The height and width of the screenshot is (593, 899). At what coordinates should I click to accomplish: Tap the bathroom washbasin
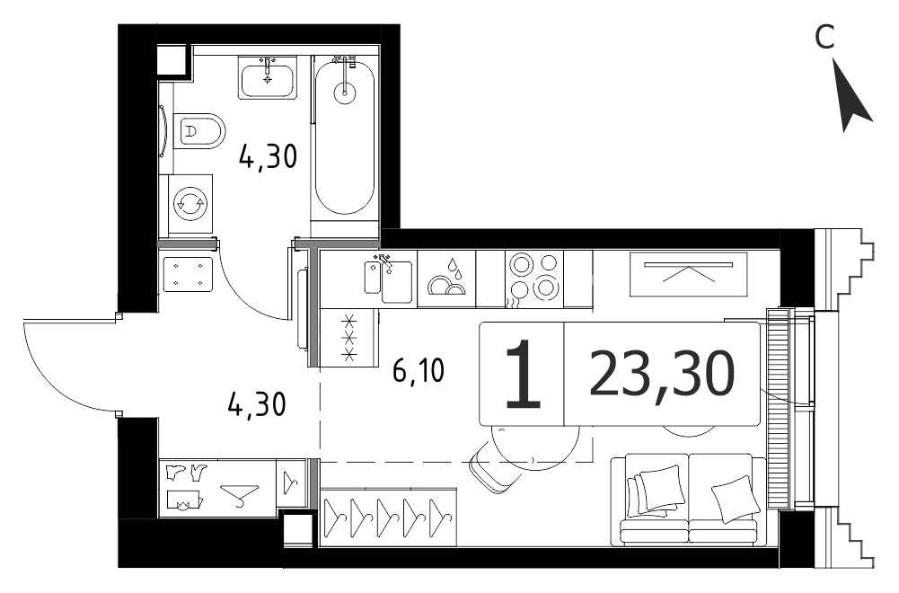click(268, 77)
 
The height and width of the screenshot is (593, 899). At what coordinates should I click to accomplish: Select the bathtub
click(345, 137)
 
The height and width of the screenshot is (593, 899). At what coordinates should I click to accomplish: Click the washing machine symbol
click(189, 202)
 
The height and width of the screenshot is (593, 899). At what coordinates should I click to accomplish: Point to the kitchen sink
click(389, 279)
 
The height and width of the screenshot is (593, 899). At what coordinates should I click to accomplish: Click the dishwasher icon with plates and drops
click(446, 279)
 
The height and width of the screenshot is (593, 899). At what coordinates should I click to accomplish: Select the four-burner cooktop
click(533, 279)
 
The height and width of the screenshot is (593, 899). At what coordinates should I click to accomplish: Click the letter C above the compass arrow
click(824, 39)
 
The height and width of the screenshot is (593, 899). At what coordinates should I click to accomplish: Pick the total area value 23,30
click(662, 374)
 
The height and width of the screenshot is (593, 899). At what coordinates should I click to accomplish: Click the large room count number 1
click(523, 374)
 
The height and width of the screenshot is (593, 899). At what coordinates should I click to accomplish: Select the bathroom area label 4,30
click(268, 156)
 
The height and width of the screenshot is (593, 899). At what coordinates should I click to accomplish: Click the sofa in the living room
click(688, 499)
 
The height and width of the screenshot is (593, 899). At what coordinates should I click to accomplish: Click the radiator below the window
click(779, 408)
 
